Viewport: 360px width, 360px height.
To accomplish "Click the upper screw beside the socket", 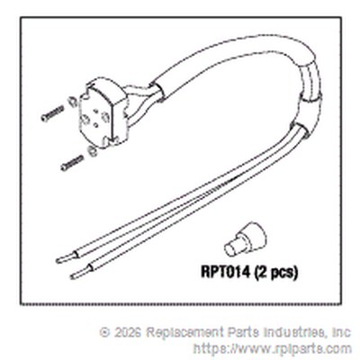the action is (x=52, y=113).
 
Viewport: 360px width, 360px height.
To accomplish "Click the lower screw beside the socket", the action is (x=72, y=163).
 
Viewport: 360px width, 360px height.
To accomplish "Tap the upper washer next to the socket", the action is (x=71, y=102).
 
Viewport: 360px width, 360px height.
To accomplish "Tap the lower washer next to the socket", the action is (x=92, y=151).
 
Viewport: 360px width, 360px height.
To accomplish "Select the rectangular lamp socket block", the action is (x=102, y=113).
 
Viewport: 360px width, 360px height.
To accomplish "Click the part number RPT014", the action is (x=225, y=272).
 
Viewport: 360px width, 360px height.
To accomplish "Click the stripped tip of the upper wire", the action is (x=67, y=257).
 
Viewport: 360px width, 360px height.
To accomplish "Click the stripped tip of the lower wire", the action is (x=81, y=272).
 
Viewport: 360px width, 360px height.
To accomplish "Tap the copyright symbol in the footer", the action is (x=104, y=332).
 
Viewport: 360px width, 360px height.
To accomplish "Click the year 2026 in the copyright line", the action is (x=128, y=332).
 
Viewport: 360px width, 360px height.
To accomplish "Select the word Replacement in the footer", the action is (x=185, y=332).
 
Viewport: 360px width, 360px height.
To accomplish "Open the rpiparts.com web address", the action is (x=273, y=349).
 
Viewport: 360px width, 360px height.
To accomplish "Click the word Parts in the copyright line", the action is (x=244, y=332).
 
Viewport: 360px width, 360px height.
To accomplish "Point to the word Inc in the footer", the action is (x=342, y=332).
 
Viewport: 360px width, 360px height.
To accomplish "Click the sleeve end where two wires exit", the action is (x=300, y=130).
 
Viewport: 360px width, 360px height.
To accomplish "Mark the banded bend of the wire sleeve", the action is (x=310, y=83).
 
